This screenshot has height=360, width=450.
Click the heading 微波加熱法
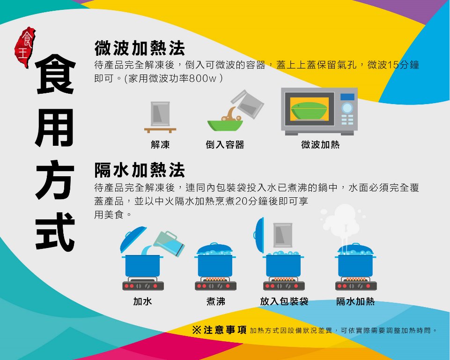pos(140,48)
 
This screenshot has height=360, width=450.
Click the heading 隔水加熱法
pos(140,170)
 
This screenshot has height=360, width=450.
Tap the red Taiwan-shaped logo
pos(25,47)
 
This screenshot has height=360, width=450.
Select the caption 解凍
pos(160,144)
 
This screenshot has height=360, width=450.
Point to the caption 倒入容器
pos(225,144)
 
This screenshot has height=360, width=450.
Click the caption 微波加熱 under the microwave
pos(320,144)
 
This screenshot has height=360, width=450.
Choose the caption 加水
pos(142,301)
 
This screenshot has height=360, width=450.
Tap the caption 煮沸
pos(215,301)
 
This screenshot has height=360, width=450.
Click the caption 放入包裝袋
pos(284,301)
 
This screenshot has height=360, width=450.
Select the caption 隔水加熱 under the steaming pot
pos(355,301)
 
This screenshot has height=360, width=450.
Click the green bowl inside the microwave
pos(309,111)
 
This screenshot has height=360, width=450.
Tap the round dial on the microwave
pos(347,108)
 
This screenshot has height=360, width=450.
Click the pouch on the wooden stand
pos(160,114)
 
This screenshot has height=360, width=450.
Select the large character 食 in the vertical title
pos(55,74)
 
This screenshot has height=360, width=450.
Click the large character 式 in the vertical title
pos(55,232)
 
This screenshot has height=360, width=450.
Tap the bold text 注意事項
pos(225,330)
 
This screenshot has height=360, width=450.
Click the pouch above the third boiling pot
pos(283,235)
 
